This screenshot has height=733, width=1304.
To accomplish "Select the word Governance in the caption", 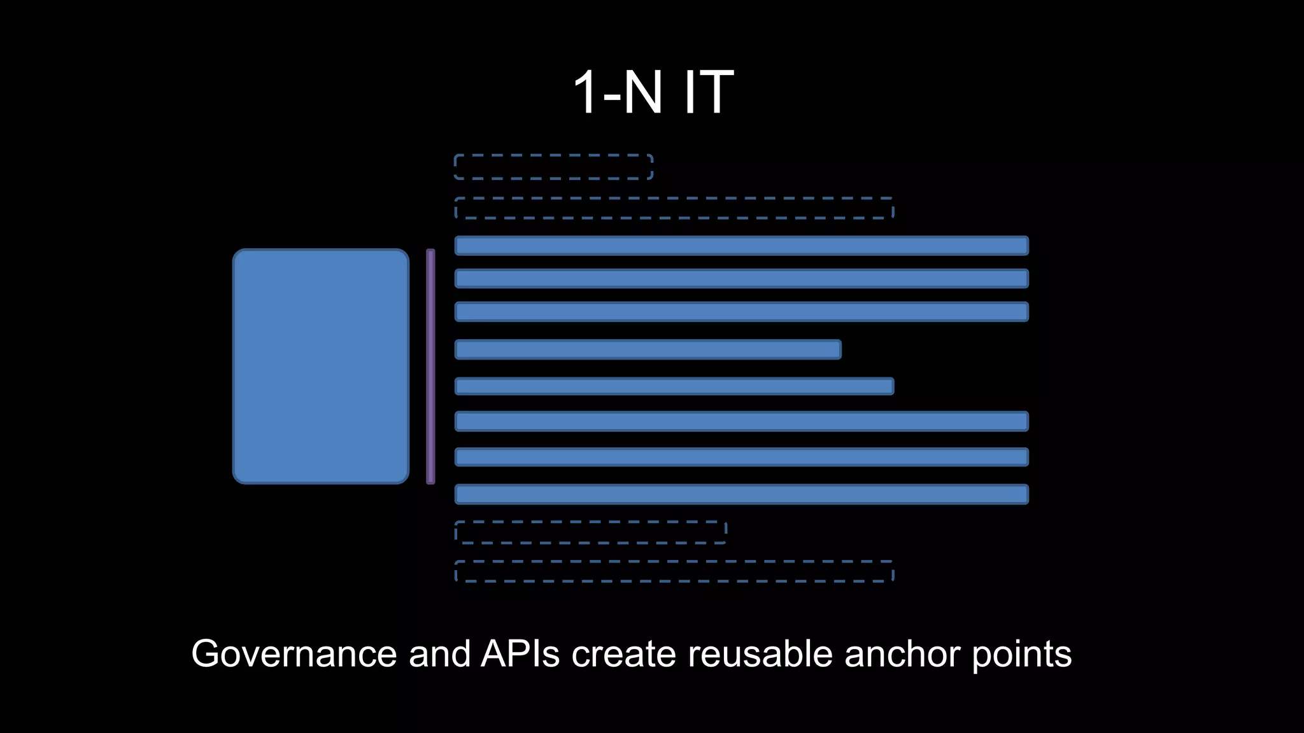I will pyautogui.click(x=294, y=653).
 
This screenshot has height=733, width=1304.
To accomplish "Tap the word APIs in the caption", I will pyautogui.click(x=520, y=653).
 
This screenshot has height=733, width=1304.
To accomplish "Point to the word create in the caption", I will pyautogui.click(x=623, y=653).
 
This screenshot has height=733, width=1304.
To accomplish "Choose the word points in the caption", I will pyautogui.click(x=1021, y=655).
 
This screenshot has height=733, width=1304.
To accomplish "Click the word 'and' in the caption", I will pyautogui.click(x=439, y=653).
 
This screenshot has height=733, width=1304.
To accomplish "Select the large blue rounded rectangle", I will pyautogui.click(x=321, y=366).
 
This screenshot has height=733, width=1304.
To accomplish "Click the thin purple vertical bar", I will pyautogui.click(x=430, y=366).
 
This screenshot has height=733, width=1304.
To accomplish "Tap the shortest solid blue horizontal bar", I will pyautogui.click(x=648, y=349).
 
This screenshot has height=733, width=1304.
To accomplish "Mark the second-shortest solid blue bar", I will pyautogui.click(x=674, y=386).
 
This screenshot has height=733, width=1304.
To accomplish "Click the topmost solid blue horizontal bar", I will pyautogui.click(x=741, y=246).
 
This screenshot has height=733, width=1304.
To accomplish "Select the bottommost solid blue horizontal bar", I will pyautogui.click(x=741, y=494).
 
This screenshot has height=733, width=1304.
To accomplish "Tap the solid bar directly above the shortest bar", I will pyautogui.click(x=741, y=312).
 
